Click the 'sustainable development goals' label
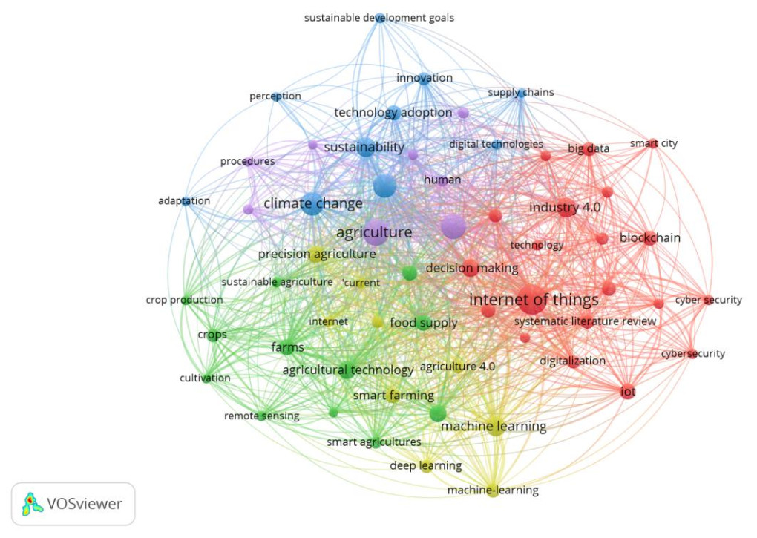pyautogui.click(x=378, y=18)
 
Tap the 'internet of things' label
pyautogui.click(x=533, y=300)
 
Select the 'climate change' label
pyautogui.click(x=312, y=203)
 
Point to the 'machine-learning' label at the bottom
pyautogui.click(x=493, y=491)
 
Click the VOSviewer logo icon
pyautogui.click(x=30, y=505)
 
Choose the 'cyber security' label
pyautogui.click(x=708, y=300)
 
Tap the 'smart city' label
pyautogui.click(x=653, y=143)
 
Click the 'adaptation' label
pyautogui.click(x=184, y=201)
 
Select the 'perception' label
pyautogui.click(x=275, y=96)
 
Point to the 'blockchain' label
pyautogui.click(x=649, y=238)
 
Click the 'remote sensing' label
pyautogui.click(x=261, y=416)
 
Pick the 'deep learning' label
pyautogui.click(x=425, y=466)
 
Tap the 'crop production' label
pyautogui.click(x=184, y=300)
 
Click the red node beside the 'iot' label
pyautogui.click(x=627, y=392)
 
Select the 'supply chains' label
pyautogui.click(x=520, y=93)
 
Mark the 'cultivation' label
pyautogui.click(x=205, y=378)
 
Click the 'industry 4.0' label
pyautogui.click(x=564, y=208)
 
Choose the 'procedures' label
pyautogui.click(x=247, y=161)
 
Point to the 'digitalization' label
pyautogui.click(x=572, y=361)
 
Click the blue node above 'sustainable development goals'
pyautogui.click(x=380, y=17)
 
